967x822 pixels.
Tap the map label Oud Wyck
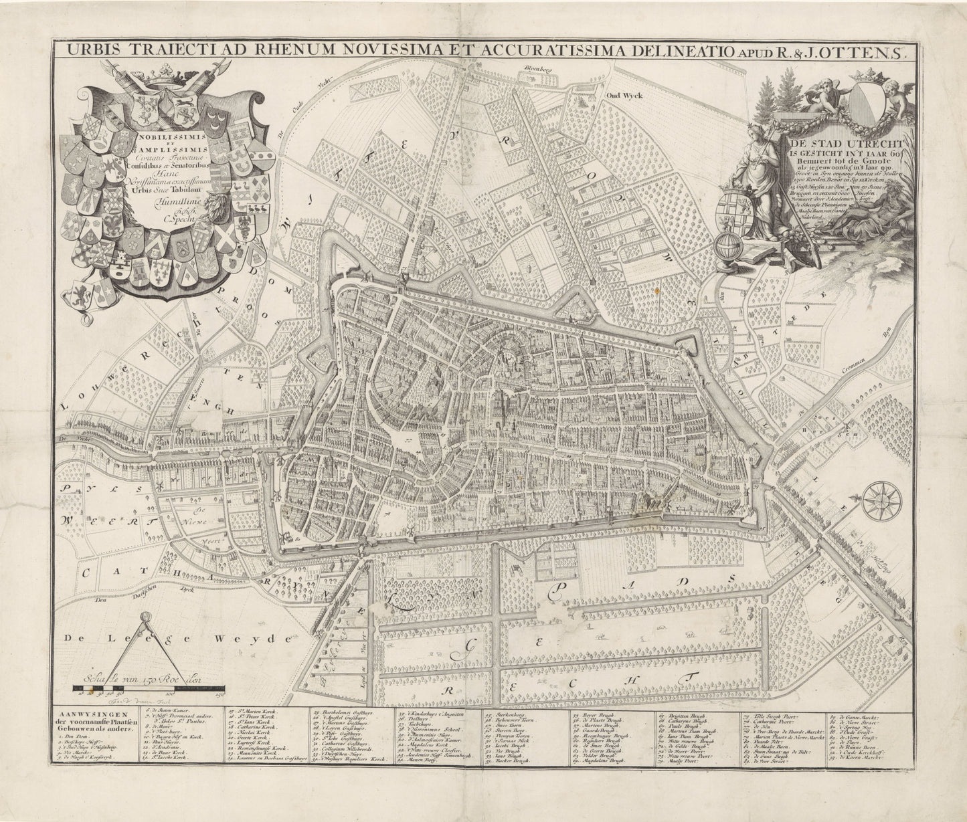[x=624, y=96]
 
